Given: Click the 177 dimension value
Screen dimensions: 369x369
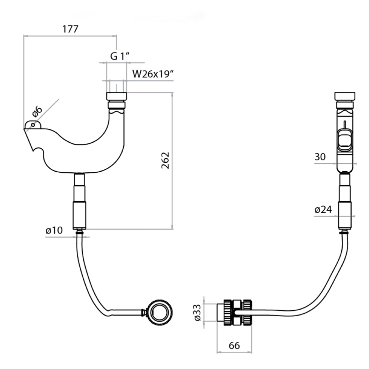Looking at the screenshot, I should click(70, 29).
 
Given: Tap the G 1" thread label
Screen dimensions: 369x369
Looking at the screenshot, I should click(120, 56).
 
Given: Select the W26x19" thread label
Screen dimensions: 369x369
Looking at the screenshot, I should click(153, 74).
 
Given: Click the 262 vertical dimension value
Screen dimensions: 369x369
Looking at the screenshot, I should click(166, 160).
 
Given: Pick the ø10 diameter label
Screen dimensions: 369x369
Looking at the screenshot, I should click(54, 230).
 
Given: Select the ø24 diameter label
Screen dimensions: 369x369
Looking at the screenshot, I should click(323, 210).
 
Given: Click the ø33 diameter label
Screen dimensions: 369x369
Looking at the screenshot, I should click(197, 312).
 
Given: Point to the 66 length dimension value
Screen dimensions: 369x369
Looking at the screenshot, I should click(234, 346).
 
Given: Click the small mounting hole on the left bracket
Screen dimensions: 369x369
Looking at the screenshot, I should click(34, 125).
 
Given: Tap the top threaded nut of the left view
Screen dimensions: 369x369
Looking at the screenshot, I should click(117, 96).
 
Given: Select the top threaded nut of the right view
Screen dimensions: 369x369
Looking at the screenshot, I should click(345, 96).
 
